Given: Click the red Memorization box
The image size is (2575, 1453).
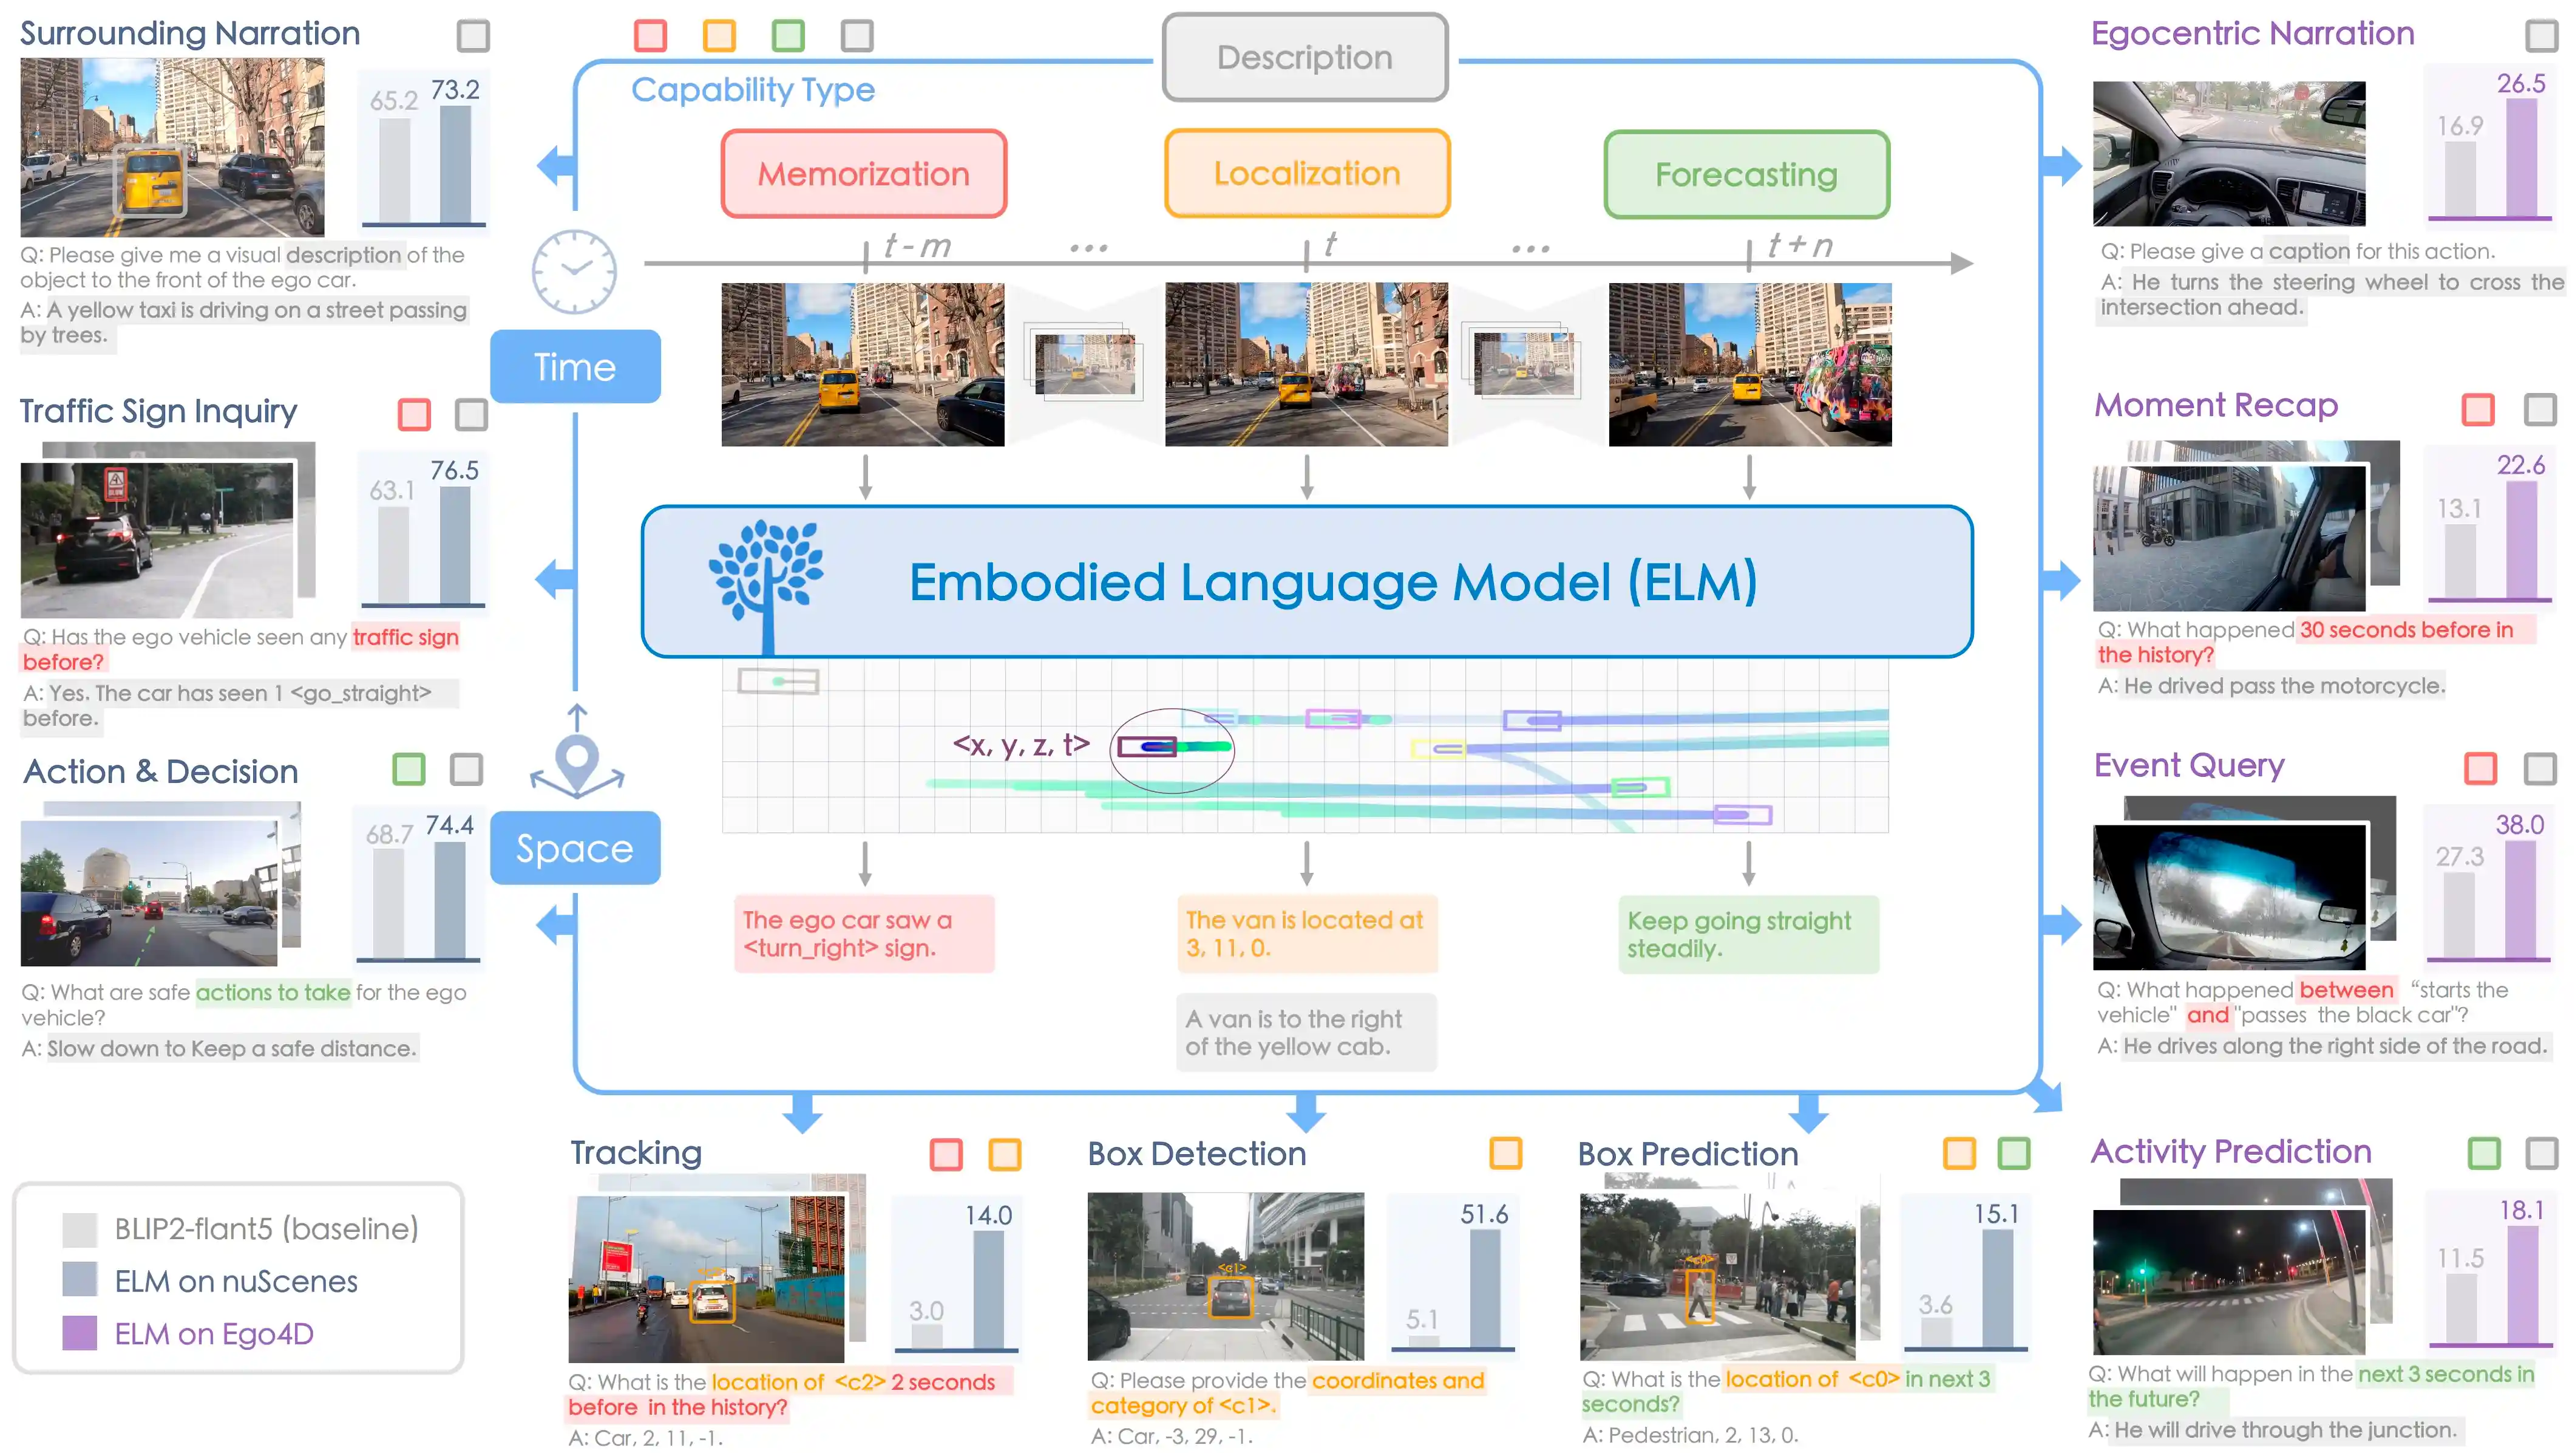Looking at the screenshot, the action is click(864, 173).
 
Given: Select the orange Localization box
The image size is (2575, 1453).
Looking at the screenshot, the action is click(1306, 173).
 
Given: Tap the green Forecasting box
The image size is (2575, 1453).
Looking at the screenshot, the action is click(1746, 174).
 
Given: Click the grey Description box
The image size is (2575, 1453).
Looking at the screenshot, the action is click(1304, 57).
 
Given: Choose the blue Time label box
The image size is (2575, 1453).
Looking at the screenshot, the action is click(575, 367).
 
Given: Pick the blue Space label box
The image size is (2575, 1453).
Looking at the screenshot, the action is click(575, 848).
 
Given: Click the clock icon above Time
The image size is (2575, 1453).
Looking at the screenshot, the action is click(574, 271).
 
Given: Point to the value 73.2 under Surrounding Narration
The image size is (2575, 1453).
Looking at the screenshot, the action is click(455, 90).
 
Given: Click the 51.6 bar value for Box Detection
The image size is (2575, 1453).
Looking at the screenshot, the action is click(1484, 1214).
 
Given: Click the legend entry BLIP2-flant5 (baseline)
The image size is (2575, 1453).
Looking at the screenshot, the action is click(240, 1229).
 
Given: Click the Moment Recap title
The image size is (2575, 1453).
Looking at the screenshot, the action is click(2216, 405).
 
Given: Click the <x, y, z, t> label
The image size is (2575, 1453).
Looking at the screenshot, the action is click(1020, 745).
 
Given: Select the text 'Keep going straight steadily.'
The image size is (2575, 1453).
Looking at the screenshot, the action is click(1739, 934).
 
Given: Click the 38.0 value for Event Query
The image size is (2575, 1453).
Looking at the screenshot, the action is click(2520, 825).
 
